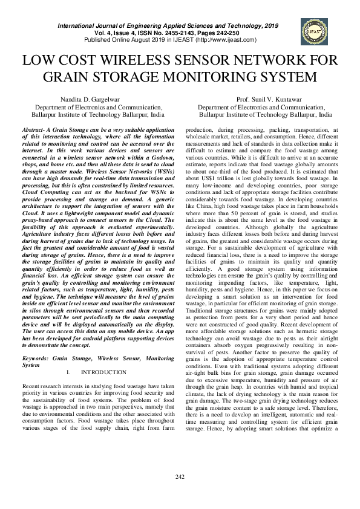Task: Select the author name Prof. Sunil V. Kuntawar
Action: click(265, 99)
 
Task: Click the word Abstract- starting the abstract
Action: click(35, 131)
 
